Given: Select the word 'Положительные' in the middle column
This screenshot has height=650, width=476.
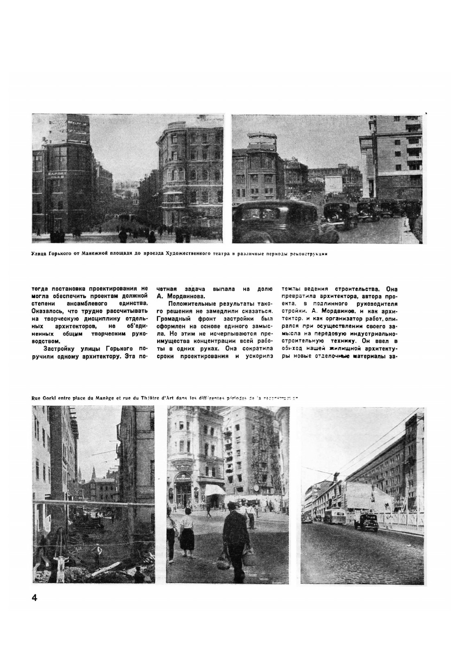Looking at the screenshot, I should (x=186, y=303).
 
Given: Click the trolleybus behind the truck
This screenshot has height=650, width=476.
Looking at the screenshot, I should (x=334, y=515).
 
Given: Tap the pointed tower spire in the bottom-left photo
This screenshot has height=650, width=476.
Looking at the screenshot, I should (x=93, y=472).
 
